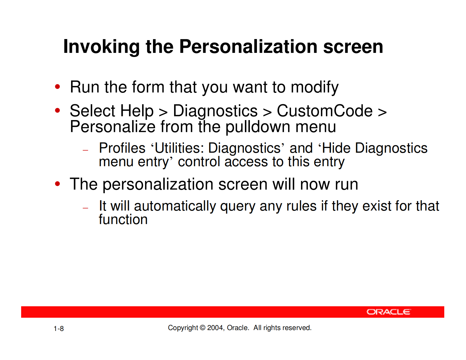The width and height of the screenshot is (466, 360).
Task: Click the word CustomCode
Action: click(x=325, y=111)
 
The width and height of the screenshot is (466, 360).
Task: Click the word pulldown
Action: click(x=258, y=127)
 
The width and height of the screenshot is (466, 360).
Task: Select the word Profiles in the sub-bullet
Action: click(x=122, y=148)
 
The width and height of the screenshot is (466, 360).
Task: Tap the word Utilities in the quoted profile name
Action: click(x=177, y=148)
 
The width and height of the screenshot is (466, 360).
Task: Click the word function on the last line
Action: click(x=123, y=220)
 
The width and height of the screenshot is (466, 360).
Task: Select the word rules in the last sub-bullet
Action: click(x=301, y=206)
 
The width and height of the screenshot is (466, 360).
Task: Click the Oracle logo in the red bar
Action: click(x=388, y=312)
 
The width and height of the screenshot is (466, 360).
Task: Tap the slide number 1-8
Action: click(x=59, y=329)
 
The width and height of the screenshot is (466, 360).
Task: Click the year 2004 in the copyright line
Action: click(x=216, y=328)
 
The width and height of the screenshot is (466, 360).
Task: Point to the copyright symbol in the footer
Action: click(x=203, y=328)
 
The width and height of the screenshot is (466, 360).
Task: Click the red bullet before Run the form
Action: click(x=58, y=87)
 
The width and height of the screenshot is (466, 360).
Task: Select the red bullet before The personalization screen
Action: click(x=58, y=184)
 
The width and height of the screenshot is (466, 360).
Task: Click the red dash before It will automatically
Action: click(x=85, y=208)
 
